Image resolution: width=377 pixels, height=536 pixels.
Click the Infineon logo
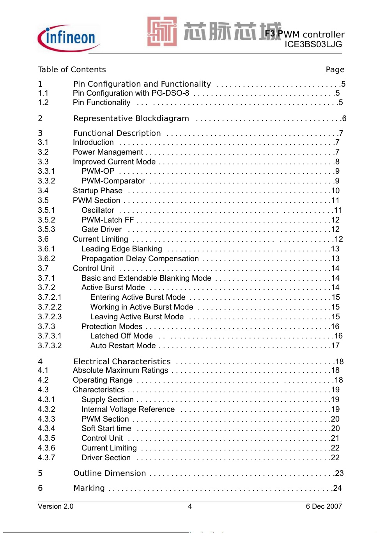coord(69,38)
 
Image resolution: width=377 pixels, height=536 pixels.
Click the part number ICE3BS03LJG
coord(313,45)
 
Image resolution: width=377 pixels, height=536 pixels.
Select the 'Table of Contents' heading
coord(72,69)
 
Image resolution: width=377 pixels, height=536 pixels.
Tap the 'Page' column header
coord(335,69)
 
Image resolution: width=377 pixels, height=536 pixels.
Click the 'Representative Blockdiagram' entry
coord(131,118)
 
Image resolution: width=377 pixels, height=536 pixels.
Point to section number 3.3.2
coord(46,181)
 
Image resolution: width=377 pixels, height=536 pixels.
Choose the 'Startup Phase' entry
coord(97,191)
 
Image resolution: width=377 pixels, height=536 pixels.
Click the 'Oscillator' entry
coord(97,210)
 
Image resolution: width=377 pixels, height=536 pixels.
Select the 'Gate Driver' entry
coord(101,229)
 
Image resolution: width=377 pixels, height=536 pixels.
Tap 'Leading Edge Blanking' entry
coord(122,249)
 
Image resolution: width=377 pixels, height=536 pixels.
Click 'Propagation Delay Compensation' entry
coord(140,258)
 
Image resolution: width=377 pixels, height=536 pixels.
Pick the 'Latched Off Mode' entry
coord(121,336)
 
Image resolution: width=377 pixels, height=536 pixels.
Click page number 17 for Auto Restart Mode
coord(335,345)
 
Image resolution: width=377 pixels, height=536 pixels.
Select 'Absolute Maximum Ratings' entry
coord(120,370)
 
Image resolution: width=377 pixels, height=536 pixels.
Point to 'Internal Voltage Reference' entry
coord(128,409)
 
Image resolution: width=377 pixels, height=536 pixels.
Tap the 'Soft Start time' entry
coord(106,428)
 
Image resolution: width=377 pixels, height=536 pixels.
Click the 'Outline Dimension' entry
coord(110,473)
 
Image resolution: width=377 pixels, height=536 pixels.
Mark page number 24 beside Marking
coord(337,488)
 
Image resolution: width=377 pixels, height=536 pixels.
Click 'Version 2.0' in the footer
coord(55,506)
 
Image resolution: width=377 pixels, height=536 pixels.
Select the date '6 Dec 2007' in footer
coord(324,506)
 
